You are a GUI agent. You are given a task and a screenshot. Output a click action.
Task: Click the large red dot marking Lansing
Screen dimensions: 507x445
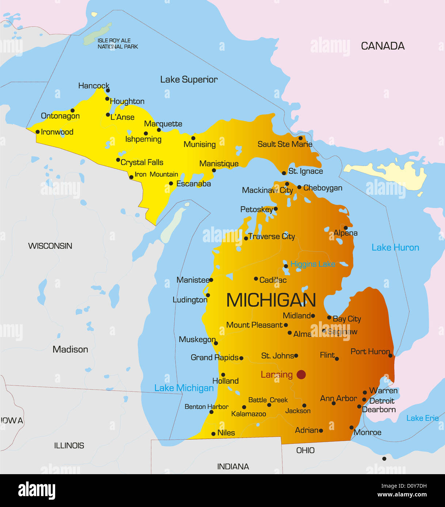pos(301,375)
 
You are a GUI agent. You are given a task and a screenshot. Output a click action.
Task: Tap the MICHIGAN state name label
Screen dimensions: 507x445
pos(271,300)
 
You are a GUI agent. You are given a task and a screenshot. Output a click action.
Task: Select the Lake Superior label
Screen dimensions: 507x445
pos(189,80)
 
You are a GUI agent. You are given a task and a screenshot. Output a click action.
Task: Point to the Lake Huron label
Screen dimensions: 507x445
pos(395,248)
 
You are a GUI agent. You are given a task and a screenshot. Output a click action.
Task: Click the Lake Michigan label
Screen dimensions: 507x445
pos(184,388)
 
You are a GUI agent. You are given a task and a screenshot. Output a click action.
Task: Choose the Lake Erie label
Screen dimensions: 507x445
pos(422,418)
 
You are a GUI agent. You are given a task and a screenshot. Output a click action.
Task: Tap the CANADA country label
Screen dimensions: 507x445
pos(383,46)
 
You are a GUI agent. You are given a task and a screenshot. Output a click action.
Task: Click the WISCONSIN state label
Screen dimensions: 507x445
pos(50,246)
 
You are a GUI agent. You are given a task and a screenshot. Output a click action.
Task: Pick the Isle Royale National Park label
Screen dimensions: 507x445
pos(117,43)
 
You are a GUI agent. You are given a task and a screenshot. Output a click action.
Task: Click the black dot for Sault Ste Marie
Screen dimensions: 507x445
pos(301,138)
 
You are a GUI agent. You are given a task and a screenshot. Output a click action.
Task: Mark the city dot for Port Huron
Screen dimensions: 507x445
pos(390,356)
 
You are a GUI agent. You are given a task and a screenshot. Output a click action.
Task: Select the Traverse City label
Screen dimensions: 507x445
pos(271,236)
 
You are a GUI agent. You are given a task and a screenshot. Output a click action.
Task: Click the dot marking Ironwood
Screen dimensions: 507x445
pos(37,132)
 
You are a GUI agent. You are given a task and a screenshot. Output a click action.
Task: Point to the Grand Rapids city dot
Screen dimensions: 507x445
pos(241,358)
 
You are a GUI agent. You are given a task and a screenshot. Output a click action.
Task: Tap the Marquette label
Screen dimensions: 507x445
pos(163,124)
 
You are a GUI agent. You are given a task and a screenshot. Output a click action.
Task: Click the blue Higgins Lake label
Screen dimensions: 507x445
pos(312,264)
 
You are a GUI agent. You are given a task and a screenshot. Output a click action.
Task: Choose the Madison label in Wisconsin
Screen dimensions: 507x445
pos(70,349)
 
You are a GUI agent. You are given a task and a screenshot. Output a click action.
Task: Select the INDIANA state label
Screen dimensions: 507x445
pos(233,467)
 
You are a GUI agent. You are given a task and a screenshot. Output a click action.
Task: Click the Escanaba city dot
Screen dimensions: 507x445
pos(171,183)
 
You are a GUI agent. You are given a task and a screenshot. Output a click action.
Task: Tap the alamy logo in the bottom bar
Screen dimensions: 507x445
pos(37,491)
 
